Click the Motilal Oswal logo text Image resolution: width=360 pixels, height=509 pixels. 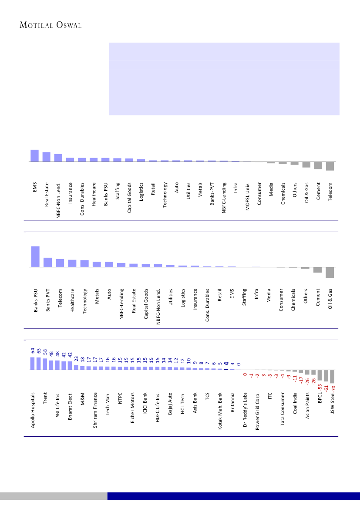pyautogui.click(x=51, y=25)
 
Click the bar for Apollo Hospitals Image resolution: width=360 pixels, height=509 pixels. pyautogui.click(x=32, y=364)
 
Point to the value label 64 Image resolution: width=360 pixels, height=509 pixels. pyautogui.click(x=32, y=351)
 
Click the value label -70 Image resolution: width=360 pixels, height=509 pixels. pyautogui.click(x=333, y=387)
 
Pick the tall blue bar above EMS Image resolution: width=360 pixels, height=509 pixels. pyautogui.click(x=34, y=155)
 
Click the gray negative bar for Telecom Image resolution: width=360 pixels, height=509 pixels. pyautogui.click(x=330, y=166)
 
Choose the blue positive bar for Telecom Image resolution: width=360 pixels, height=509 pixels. pyautogui.click(x=60, y=263)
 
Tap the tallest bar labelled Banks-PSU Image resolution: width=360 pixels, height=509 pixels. pyautogui.click(x=35, y=256)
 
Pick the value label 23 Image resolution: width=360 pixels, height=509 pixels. pyautogui.click(x=76, y=358)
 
